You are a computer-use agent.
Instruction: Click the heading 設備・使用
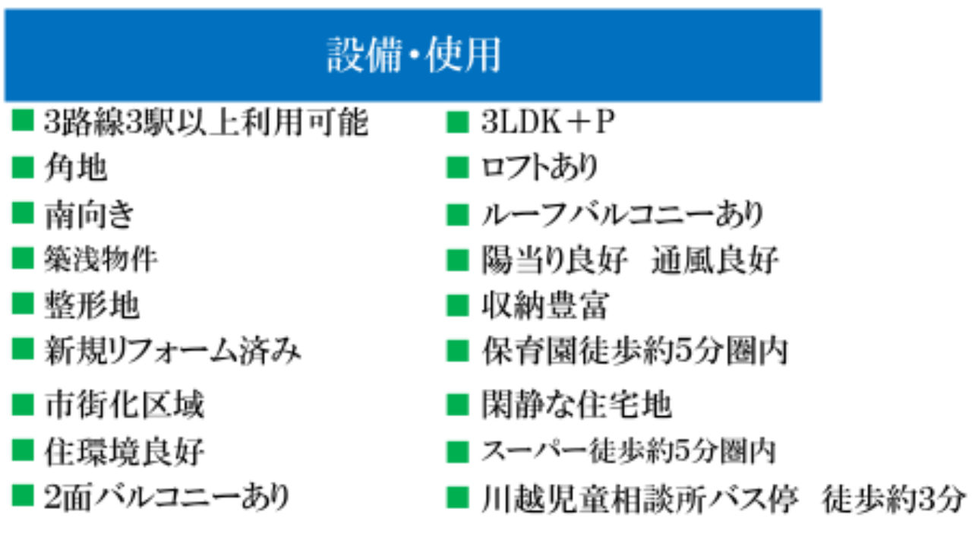(x=414, y=55)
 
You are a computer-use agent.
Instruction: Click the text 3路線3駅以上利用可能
(x=206, y=122)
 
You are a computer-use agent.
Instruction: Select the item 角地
(x=75, y=167)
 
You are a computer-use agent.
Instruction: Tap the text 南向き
(x=90, y=214)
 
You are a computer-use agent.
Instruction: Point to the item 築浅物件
(x=101, y=259)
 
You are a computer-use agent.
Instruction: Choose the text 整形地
(x=92, y=305)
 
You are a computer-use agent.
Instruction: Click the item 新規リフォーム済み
(x=172, y=350)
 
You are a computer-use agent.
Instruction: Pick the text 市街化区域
(x=124, y=404)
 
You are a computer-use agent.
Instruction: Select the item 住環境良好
(x=124, y=451)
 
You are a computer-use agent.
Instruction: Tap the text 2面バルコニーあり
(x=166, y=497)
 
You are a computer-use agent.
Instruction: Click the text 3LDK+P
(x=548, y=122)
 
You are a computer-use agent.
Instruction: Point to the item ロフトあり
(x=540, y=168)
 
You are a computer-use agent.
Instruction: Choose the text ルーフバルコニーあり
(x=623, y=214)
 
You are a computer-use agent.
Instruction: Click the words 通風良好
(x=715, y=260)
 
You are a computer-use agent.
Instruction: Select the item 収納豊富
(x=545, y=305)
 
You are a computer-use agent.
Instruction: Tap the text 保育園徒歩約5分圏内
(x=635, y=350)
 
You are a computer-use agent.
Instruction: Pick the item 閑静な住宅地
(x=576, y=405)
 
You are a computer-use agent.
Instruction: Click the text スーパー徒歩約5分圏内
(x=629, y=451)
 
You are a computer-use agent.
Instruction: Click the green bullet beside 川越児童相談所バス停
(x=457, y=498)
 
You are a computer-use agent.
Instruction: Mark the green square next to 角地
(x=23, y=167)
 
